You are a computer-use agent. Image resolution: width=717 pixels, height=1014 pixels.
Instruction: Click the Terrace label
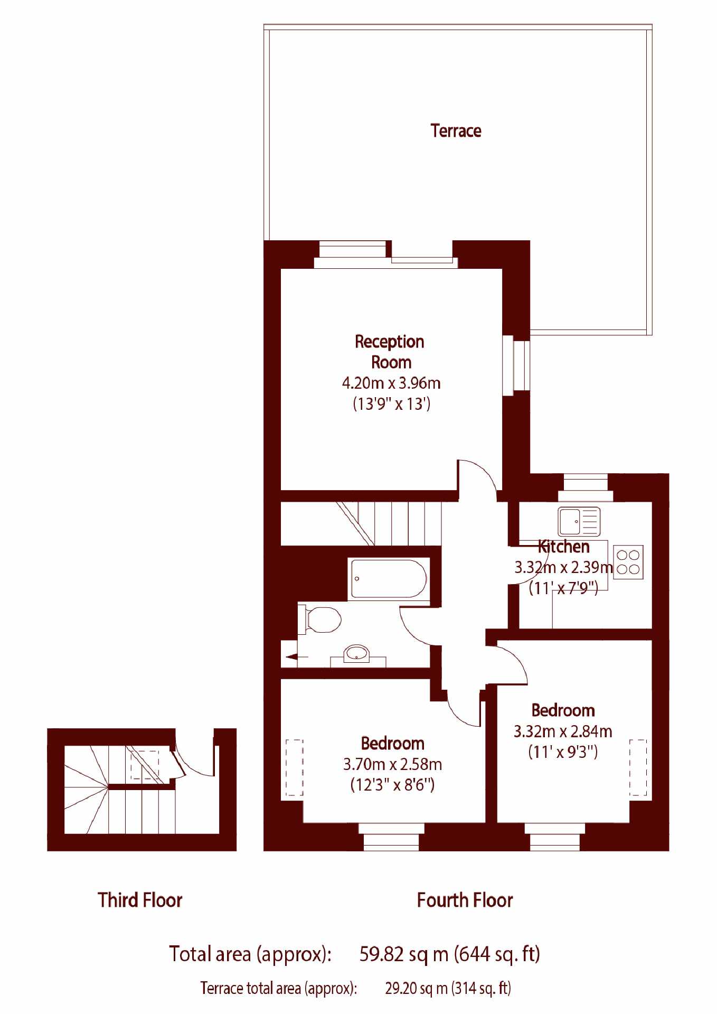[456, 130]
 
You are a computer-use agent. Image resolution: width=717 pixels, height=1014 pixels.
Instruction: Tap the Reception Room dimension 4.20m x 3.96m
[391, 383]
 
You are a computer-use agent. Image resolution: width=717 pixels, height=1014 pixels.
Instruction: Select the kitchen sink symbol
[579, 521]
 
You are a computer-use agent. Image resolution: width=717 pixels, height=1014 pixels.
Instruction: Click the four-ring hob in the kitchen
[628, 562]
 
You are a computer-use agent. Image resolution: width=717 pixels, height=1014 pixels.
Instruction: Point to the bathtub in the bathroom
[388, 578]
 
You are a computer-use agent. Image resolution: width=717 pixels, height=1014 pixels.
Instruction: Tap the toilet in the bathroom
[319, 619]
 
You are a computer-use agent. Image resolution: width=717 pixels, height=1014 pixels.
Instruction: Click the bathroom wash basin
[357, 654]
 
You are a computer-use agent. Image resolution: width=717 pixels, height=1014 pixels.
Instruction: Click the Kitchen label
[563, 547]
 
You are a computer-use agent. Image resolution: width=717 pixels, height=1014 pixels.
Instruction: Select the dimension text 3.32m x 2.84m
[563, 731]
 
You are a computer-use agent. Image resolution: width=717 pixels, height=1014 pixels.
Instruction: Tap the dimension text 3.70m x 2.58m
[392, 764]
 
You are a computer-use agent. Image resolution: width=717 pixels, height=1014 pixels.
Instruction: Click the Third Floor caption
[140, 900]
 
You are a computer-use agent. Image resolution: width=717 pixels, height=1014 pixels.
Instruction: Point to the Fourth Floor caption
[465, 900]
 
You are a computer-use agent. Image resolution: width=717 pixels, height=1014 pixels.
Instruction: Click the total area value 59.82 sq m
[404, 954]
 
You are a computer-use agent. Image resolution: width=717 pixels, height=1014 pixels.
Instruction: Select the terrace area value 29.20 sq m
[416, 988]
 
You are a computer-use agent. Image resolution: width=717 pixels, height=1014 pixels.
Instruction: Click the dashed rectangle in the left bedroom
[295, 767]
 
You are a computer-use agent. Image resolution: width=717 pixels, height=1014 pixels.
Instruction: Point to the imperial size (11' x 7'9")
[563, 588]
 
